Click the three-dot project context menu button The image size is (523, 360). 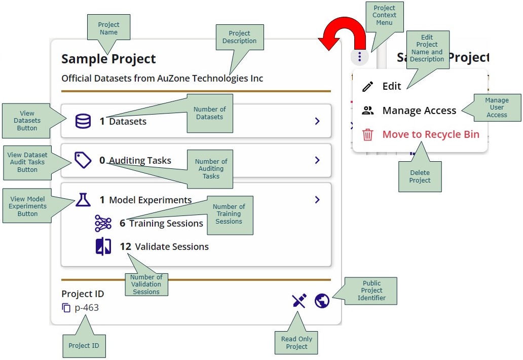(x=359, y=56)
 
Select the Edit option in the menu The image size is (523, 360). (x=391, y=86)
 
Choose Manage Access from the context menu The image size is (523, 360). (x=419, y=111)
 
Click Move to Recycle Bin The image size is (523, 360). (x=430, y=134)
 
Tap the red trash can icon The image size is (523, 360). (x=368, y=135)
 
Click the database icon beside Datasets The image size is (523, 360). (x=83, y=121)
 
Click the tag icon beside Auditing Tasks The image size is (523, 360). (x=83, y=160)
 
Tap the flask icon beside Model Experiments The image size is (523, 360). (x=83, y=200)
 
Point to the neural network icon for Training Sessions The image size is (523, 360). (x=103, y=223)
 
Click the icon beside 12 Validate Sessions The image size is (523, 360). (x=103, y=247)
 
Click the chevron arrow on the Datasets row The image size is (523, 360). (x=317, y=121)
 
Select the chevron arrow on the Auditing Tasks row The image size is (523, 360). (x=317, y=160)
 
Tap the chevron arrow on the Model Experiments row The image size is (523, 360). (x=317, y=200)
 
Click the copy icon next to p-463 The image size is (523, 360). (x=66, y=308)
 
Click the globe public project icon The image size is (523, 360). (x=322, y=301)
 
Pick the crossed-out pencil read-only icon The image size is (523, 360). (x=300, y=301)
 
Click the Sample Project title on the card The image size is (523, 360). (x=108, y=59)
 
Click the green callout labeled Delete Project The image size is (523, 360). (x=420, y=176)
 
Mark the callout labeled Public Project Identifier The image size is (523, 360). (x=371, y=291)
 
